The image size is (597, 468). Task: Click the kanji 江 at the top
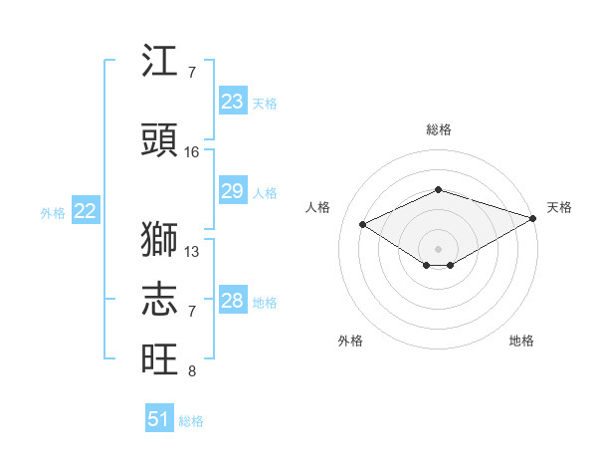pyautogui.click(x=159, y=60)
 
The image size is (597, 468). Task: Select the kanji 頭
pyautogui.click(x=159, y=139)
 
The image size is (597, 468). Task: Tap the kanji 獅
pyautogui.click(x=159, y=239)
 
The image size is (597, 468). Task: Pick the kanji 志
pyautogui.click(x=159, y=299)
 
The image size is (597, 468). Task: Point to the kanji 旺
pyautogui.click(x=159, y=358)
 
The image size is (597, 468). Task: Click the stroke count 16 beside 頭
pyautogui.click(x=191, y=152)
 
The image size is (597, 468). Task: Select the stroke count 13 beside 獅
pyautogui.click(x=191, y=252)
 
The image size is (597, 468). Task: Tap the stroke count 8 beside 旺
pyautogui.click(x=192, y=371)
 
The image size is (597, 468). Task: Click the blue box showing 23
pyautogui.click(x=233, y=101)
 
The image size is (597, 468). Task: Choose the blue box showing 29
pyautogui.click(x=233, y=190)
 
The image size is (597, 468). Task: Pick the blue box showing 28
pyautogui.click(x=233, y=299)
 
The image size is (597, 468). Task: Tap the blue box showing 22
pyautogui.click(x=86, y=210)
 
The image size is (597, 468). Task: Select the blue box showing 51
pyautogui.click(x=159, y=417)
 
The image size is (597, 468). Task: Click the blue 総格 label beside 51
pyautogui.click(x=191, y=421)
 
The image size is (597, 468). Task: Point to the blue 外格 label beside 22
pyautogui.click(x=53, y=213)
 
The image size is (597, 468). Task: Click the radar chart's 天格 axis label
pyautogui.click(x=559, y=207)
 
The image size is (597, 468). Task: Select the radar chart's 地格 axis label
pyautogui.click(x=521, y=341)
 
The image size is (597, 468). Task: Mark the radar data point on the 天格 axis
pyautogui.click(x=533, y=218)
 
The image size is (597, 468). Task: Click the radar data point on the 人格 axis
pyautogui.click(x=363, y=224)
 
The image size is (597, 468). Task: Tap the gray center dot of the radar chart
pyautogui.click(x=438, y=249)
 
